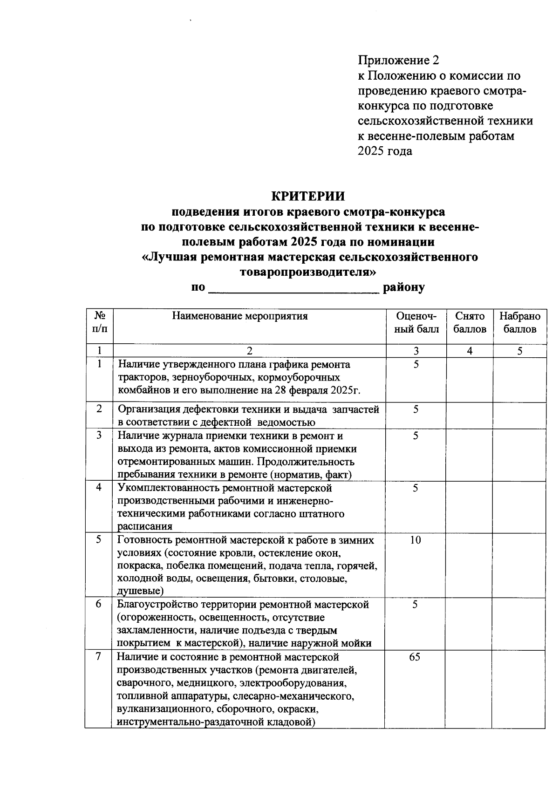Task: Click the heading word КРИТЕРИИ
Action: tap(308, 196)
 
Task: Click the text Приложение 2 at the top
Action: tap(398, 60)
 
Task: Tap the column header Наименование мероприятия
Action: tap(240, 316)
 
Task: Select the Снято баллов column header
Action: tap(470, 322)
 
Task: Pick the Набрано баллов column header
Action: tap(519, 322)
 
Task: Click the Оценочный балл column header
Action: tap(416, 322)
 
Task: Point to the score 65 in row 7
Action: tap(415, 657)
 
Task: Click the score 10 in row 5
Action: tap(416, 540)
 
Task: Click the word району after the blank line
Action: tap(403, 287)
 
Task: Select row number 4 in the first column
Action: tap(99, 487)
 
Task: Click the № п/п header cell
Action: tap(99, 322)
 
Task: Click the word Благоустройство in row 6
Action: tap(157, 605)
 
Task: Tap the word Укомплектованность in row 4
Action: tap(169, 488)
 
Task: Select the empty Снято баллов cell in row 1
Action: tap(470, 380)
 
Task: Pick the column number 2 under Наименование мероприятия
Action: tap(249, 351)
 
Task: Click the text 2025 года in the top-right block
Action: tap(385, 151)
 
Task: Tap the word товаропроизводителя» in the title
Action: tap(308, 272)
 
